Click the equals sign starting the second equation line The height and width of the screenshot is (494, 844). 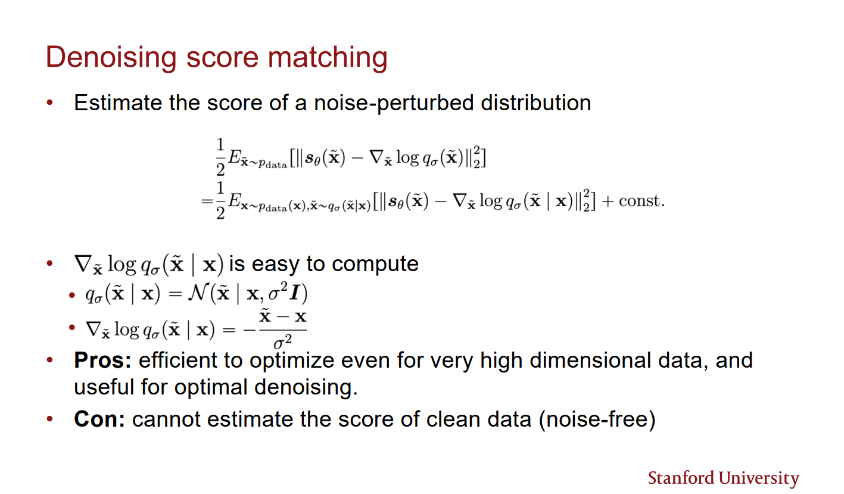(x=207, y=201)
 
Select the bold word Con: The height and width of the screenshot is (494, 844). (x=99, y=420)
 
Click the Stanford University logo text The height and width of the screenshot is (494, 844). (x=723, y=478)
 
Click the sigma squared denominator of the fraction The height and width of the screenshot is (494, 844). (x=282, y=342)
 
